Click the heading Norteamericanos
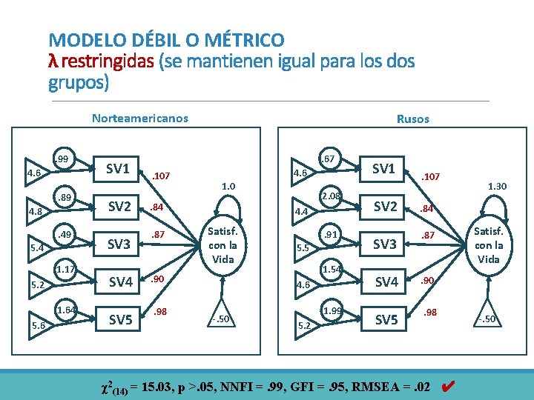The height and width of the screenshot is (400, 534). pos(139,118)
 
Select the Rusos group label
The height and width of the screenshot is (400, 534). pos(412,119)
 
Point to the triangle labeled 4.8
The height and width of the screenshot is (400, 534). pos(34,210)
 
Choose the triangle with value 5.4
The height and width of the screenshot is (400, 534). pos(34,248)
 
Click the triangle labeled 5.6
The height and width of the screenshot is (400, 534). pos(36,324)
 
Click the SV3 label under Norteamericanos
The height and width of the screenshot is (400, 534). pos(119,244)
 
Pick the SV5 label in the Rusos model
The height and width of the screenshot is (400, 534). pos(386,320)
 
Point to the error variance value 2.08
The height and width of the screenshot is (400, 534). pos(331,196)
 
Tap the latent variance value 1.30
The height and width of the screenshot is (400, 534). pos(496,187)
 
